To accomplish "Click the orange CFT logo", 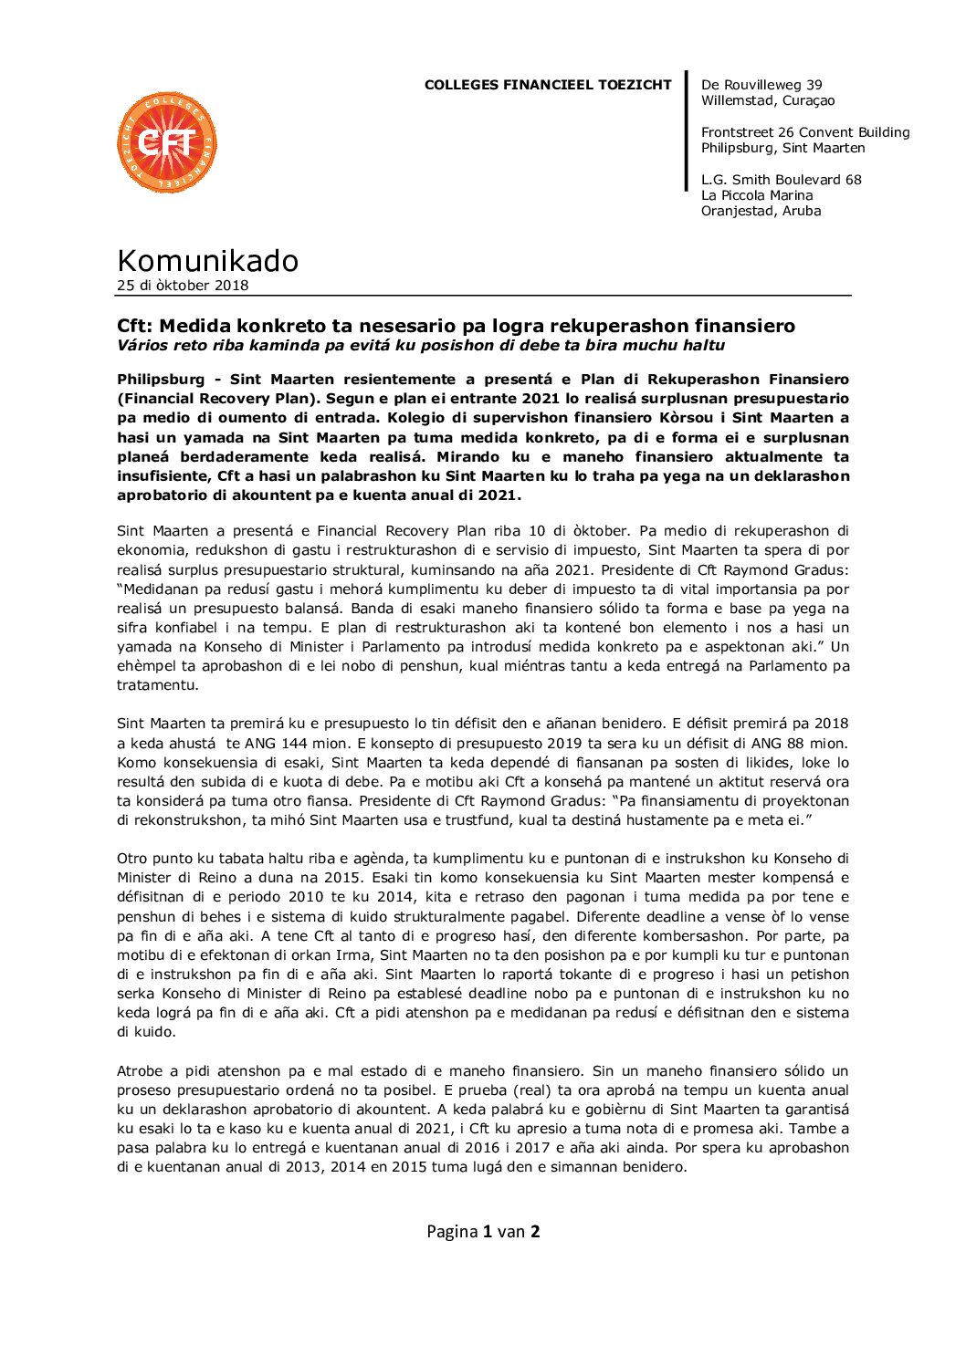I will (167, 142).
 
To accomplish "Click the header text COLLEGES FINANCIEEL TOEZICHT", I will (547, 85).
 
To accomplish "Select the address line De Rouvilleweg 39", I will (761, 85).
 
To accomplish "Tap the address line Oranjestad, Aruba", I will (761, 211).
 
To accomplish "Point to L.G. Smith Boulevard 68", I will (781, 180).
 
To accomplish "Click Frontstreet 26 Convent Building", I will (805, 132).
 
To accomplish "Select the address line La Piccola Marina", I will (757, 195).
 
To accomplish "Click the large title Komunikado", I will (207, 261).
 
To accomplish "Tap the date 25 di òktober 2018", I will (183, 286).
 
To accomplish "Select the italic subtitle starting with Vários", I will (420, 345).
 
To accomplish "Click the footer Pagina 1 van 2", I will (483, 1231).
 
